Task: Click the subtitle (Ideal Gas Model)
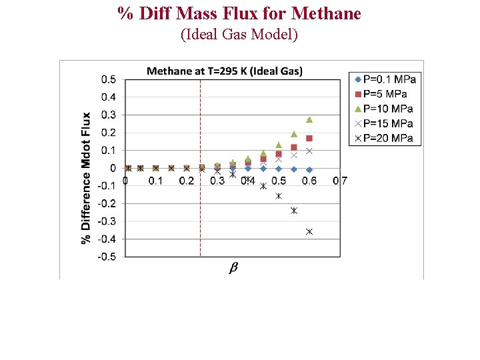[x=239, y=35]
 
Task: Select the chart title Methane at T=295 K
[x=224, y=71]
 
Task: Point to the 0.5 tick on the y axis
[x=108, y=79]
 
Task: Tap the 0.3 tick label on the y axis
[x=108, y=115]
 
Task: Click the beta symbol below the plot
[x=233, y=267]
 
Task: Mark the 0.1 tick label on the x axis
[x=155, y=181]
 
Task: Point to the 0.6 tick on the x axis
[x=309, y=181]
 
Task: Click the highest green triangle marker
[x=309, y=120]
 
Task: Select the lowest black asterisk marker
[x=309, y=231]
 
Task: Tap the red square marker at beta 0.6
[x=309, y=138]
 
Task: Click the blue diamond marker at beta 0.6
[x=309, y=169]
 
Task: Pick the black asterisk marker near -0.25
[x=294, y=211]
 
